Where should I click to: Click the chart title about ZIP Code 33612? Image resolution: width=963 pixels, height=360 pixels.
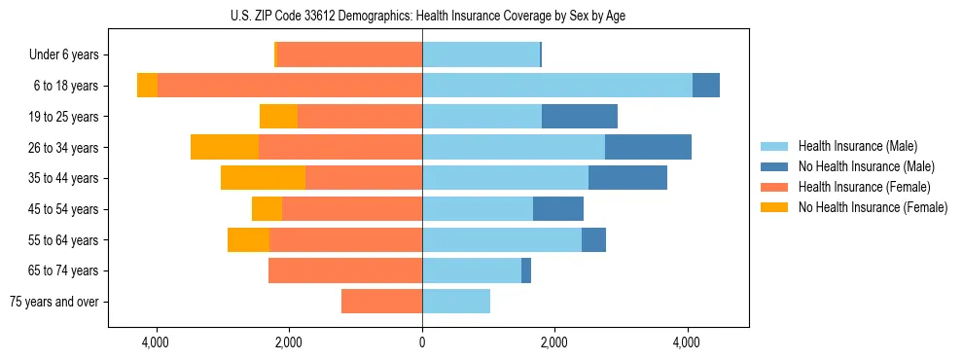point(422,16)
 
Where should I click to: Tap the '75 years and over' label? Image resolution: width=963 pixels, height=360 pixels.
point(53,302)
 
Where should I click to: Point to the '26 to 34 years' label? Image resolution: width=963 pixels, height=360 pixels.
point(63,147)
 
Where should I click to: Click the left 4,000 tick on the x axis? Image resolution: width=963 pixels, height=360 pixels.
point(156,342)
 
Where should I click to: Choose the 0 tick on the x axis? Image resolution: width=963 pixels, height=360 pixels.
point(422,342)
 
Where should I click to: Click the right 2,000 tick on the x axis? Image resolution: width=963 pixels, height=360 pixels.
point(553,342)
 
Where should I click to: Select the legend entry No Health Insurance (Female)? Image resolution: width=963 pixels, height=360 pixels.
point(873,207)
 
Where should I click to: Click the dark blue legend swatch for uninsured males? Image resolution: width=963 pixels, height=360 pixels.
point(774,166)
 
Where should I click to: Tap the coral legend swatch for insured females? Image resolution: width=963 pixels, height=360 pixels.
point(774,187)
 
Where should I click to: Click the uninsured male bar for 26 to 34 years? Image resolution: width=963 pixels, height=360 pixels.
point(648,147)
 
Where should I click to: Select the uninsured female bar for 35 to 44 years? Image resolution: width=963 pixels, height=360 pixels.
point(263,178)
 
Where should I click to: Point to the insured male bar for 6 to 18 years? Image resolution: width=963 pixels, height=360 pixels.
point(557,86)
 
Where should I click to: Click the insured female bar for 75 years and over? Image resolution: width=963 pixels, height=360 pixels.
point(381,302)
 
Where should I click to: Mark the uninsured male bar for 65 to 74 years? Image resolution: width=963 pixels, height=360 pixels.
point(526,270)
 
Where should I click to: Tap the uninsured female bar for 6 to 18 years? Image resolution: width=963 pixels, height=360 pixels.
point(147,86)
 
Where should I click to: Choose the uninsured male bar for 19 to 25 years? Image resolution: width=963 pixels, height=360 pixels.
point(580,117)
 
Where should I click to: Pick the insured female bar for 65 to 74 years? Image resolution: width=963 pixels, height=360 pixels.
point(345,270)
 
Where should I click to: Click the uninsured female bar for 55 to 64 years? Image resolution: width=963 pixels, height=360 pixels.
point(248,239)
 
